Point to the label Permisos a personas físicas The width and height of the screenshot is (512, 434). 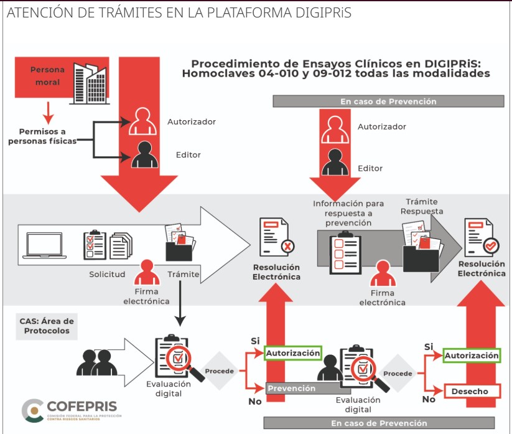tap(42, 136)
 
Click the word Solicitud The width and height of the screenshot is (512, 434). tap(108, 274)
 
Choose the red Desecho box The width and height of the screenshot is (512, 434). tap(472, 391)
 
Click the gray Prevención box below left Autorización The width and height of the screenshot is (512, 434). tap(291, 388)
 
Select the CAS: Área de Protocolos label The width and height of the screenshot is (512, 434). tap(47, 326)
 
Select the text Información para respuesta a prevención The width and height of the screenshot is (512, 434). tap(348, 213)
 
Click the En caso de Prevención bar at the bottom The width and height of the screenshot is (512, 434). tap(379, 423)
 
